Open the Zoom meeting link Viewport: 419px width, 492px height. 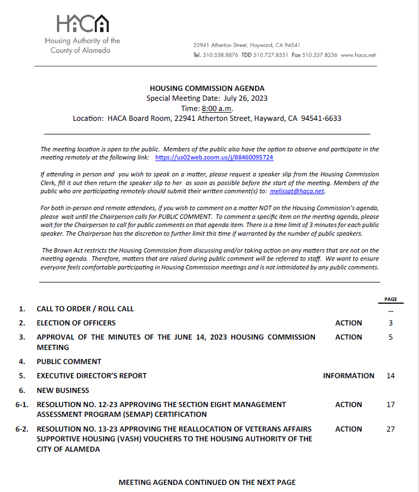coord(214,157)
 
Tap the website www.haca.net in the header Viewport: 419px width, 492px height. coord(359,56)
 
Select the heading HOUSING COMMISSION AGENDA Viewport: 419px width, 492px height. coord(207,89)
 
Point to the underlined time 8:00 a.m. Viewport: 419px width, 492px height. coord(217,108)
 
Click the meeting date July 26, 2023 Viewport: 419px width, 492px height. coord(246,99)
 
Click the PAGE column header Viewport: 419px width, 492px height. coord(390,299)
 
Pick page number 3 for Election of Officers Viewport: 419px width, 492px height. coord(391,323)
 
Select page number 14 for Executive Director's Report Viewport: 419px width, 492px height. coord(391,376)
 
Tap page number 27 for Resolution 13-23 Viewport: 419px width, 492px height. coord(391,429)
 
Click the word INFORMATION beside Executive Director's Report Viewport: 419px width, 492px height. coord(349,376)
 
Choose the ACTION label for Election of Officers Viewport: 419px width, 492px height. coord(349,323)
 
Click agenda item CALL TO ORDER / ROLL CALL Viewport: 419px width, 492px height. coord(85,309)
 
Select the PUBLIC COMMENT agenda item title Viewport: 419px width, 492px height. coord(69,361)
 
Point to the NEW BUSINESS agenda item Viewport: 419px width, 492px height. coord(63,390)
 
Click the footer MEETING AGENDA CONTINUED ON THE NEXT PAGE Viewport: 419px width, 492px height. coord(207,482)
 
